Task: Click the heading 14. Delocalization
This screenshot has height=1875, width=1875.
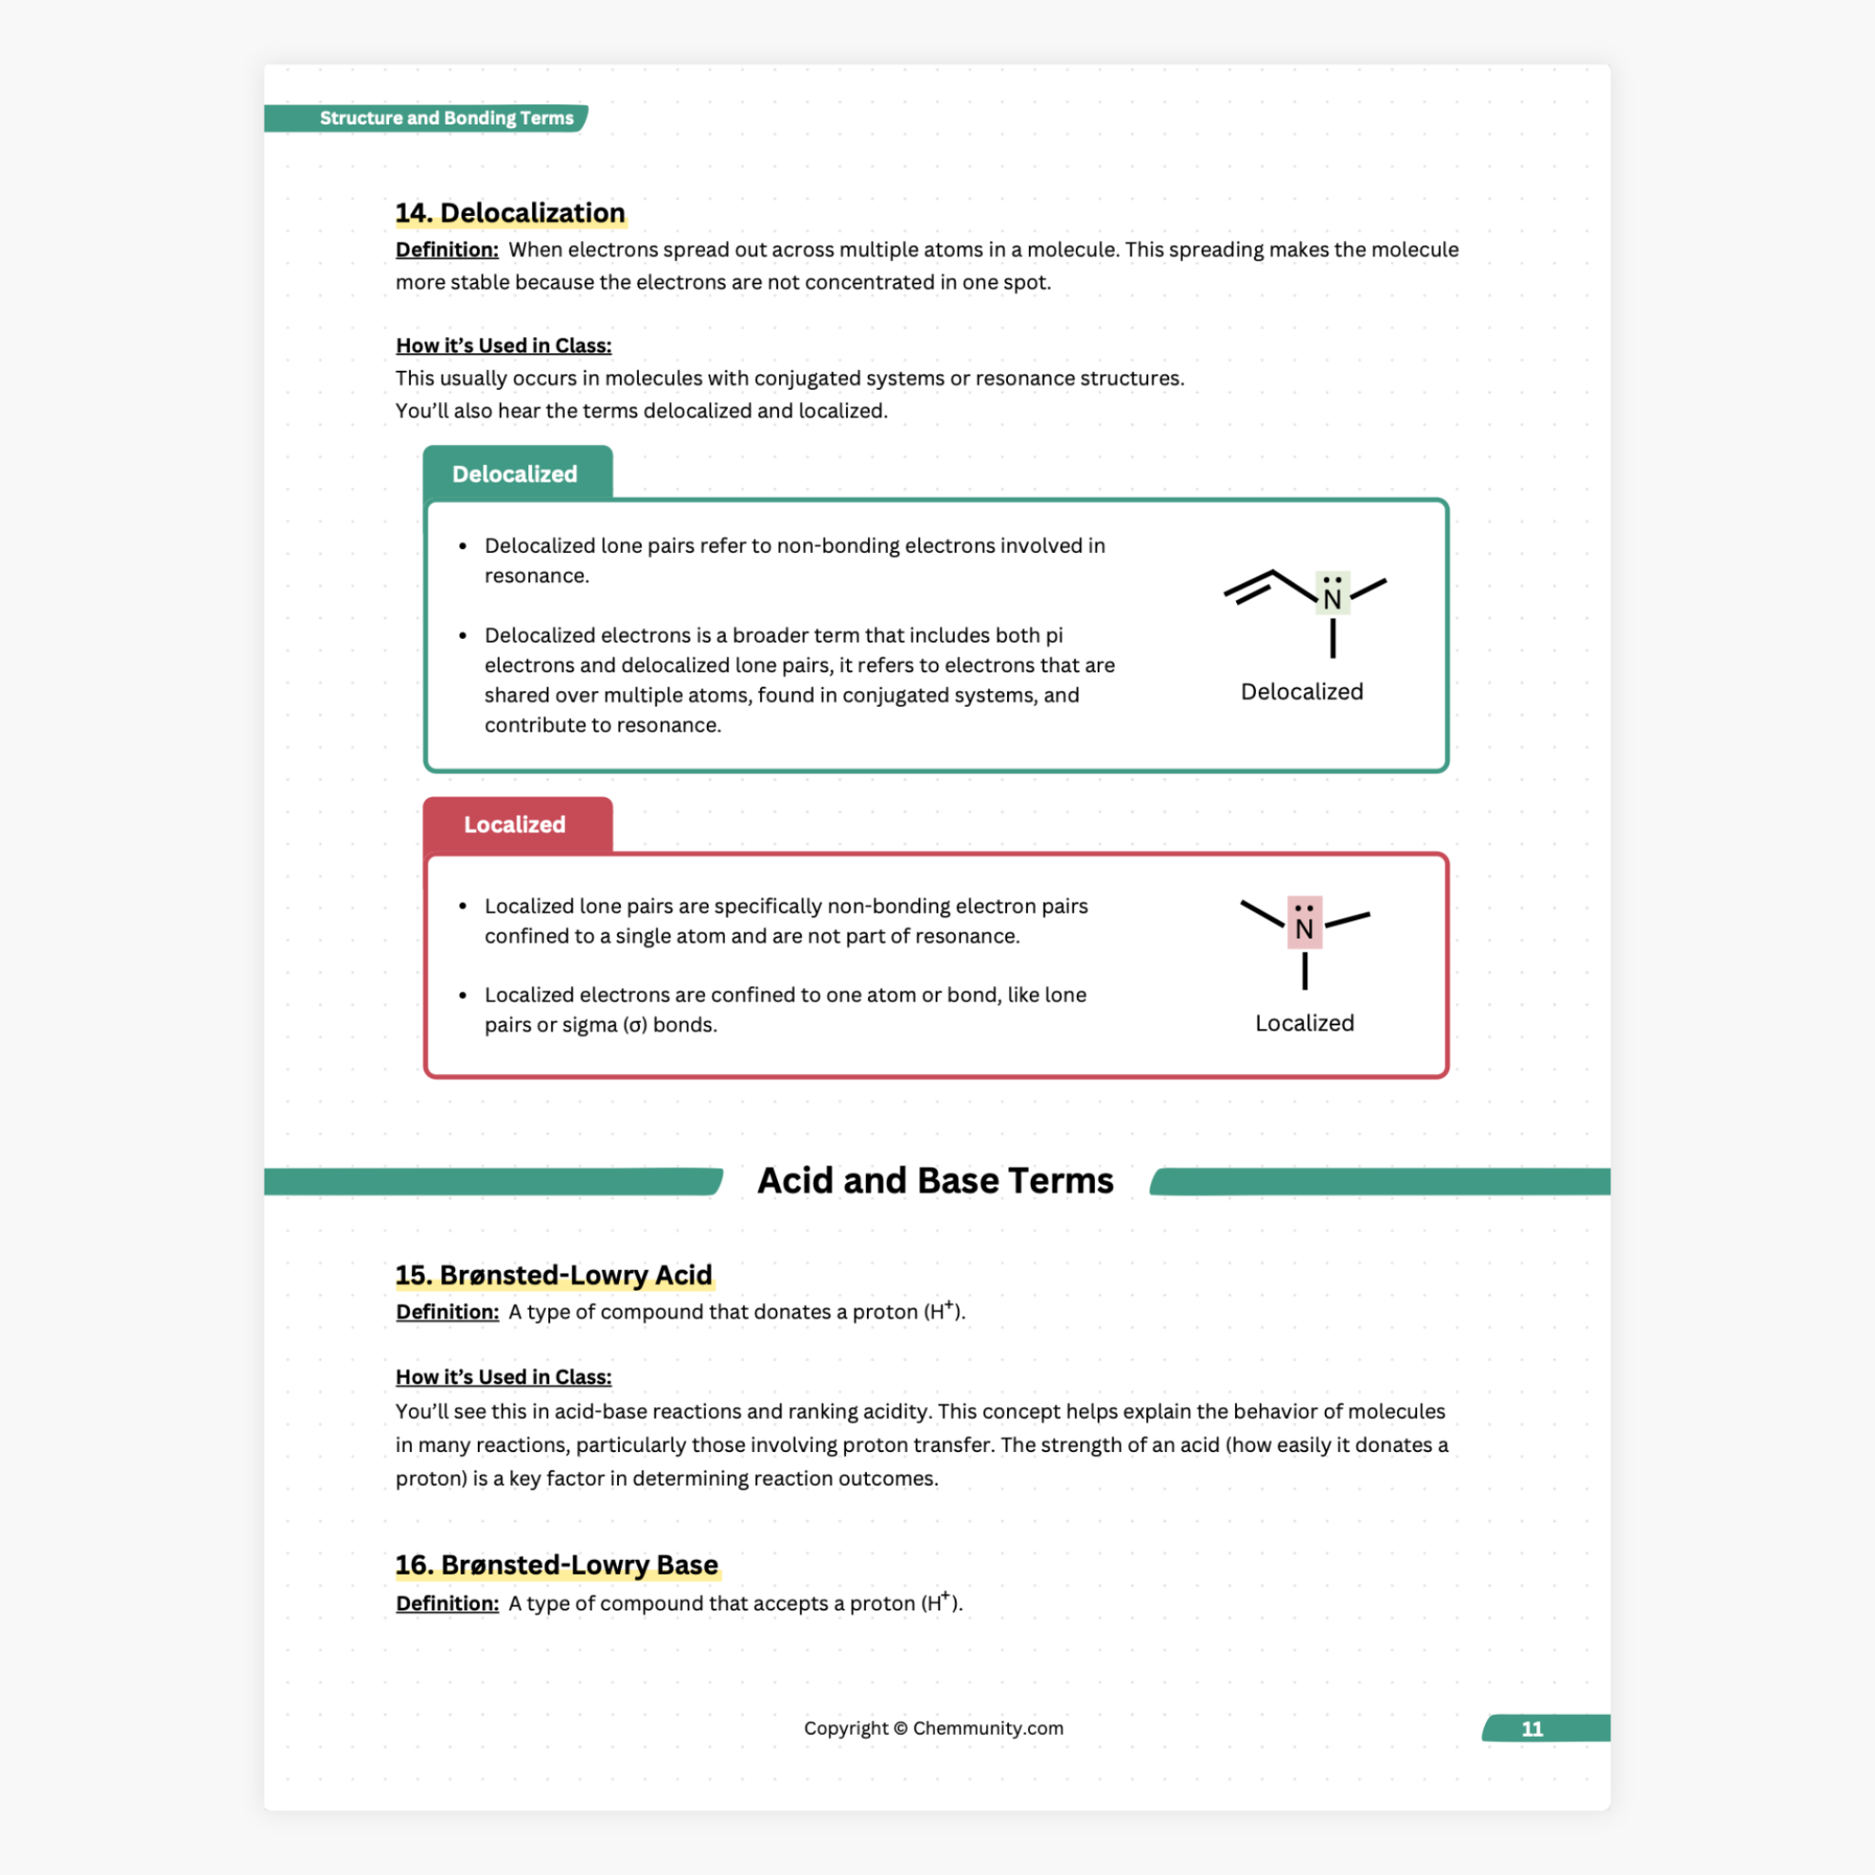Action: (510, 212)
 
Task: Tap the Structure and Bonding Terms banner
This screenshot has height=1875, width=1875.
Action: (446, 118)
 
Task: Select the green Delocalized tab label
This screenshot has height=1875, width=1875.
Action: (515, 473)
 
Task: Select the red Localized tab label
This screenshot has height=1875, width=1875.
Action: (515, 824)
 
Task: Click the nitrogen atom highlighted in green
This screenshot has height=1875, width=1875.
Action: (1331, 599)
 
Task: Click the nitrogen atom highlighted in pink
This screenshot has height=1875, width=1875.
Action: (1304, 927)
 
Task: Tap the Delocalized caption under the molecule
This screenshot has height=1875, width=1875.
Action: (1302, 692)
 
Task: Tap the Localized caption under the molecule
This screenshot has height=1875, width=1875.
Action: (1304, 1023)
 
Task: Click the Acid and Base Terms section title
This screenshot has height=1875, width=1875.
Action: (935, 1180)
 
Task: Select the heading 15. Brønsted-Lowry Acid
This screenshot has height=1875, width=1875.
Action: (553, 1274)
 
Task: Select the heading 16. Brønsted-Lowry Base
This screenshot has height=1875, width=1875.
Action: (556, 1565)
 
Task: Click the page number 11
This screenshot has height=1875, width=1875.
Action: (1532, 1729)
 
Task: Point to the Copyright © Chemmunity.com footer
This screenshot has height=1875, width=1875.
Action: (933, 1728)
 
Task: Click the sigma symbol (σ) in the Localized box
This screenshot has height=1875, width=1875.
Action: (634, 1024)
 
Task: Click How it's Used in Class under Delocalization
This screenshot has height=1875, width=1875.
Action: (503, 345)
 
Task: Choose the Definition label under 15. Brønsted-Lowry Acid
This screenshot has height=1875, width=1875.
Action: (447, 1312)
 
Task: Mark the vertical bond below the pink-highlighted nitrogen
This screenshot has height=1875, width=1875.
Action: (1305, 970)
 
